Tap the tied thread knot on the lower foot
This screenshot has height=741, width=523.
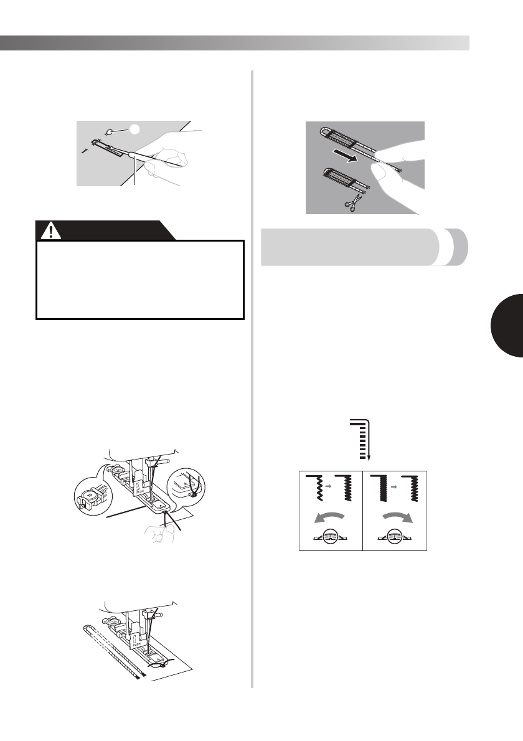(x=164, y=664)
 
